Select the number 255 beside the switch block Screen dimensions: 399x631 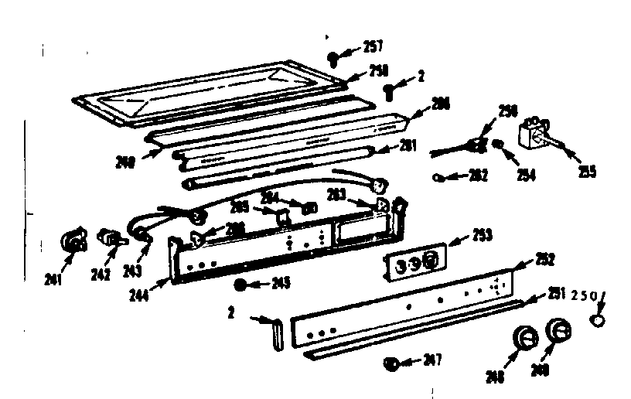click(x=588, y=172)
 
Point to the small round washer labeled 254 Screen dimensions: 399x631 click(x=501, y=145)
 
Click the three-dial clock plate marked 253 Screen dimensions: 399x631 click(x=414, y=262)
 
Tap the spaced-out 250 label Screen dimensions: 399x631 click(x=584, y=296)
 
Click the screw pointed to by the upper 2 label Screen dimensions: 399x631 click(x=391, y=92)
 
